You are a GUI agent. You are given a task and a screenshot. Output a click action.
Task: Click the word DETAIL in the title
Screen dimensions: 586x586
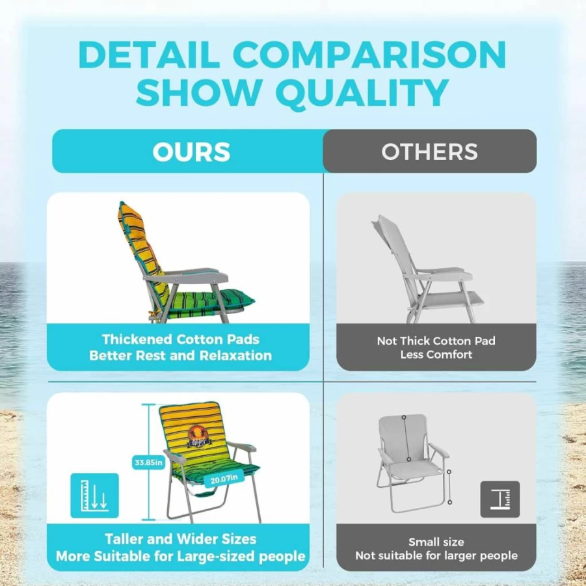coord(148,55)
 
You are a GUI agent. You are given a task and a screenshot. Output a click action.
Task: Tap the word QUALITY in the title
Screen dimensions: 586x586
coord(362,94)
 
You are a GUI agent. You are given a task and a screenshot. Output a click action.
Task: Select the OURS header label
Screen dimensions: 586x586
coord(191,152)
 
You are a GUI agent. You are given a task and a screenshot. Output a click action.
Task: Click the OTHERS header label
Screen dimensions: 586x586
coord(429,152)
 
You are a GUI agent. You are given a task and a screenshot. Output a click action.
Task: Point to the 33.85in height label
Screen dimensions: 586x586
coord(148,462)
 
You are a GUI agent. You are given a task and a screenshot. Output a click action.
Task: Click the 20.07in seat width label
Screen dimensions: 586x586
coord(224,479)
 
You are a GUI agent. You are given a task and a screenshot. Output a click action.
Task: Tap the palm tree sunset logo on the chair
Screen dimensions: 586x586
coord(199,436)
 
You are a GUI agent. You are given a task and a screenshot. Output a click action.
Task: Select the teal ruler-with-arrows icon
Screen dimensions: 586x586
coord(94,496)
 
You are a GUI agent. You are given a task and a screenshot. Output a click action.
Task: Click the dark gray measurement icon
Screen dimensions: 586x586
coord(499,499)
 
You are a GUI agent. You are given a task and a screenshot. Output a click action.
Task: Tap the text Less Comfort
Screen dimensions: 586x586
coord(436,354)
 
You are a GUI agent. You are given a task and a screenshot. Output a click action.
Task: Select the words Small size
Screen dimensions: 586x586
coord(436,542)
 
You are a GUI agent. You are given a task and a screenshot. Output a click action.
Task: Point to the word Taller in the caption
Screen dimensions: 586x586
coord(124,539)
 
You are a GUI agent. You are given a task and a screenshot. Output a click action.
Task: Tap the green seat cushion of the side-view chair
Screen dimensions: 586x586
coord(209,301)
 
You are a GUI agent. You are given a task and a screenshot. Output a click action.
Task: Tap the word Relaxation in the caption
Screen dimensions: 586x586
coord(235,355)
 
